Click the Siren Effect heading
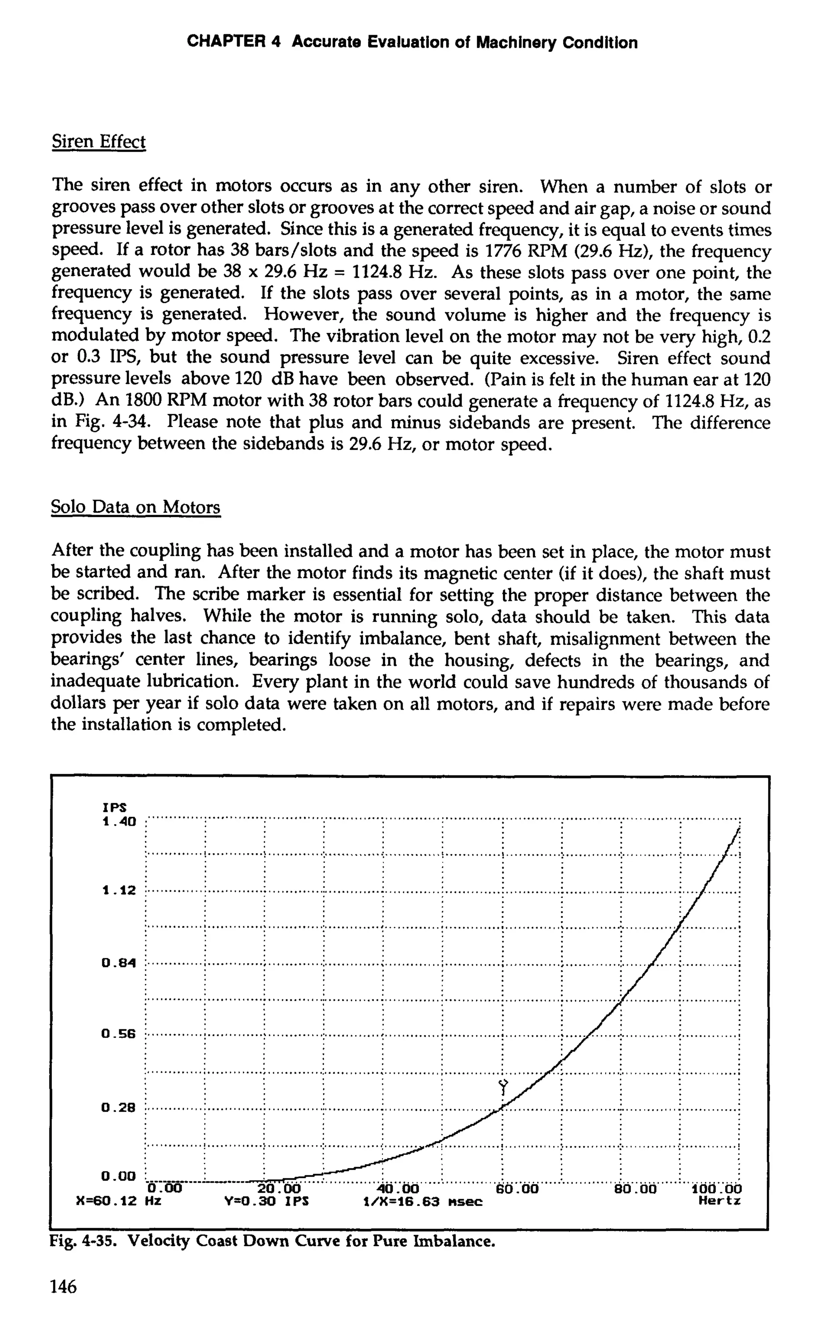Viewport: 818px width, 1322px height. point(99,142)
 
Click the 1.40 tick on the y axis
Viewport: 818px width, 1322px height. point(119,822)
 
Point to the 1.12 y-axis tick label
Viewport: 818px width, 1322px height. point(119,890)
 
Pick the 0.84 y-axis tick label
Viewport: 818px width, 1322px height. point(119,963)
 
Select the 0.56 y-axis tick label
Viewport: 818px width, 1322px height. point(119,1035)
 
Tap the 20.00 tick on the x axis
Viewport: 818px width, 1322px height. point(278,1189)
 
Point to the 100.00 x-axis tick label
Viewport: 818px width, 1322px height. point(717,1189)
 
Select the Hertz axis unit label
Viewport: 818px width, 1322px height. point(719,1201)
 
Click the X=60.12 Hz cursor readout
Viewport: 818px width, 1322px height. point(119,1201)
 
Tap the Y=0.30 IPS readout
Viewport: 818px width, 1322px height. point(266,1201)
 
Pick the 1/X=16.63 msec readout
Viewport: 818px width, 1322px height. point(423,1201)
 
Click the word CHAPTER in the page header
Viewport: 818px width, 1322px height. point(227,42)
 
